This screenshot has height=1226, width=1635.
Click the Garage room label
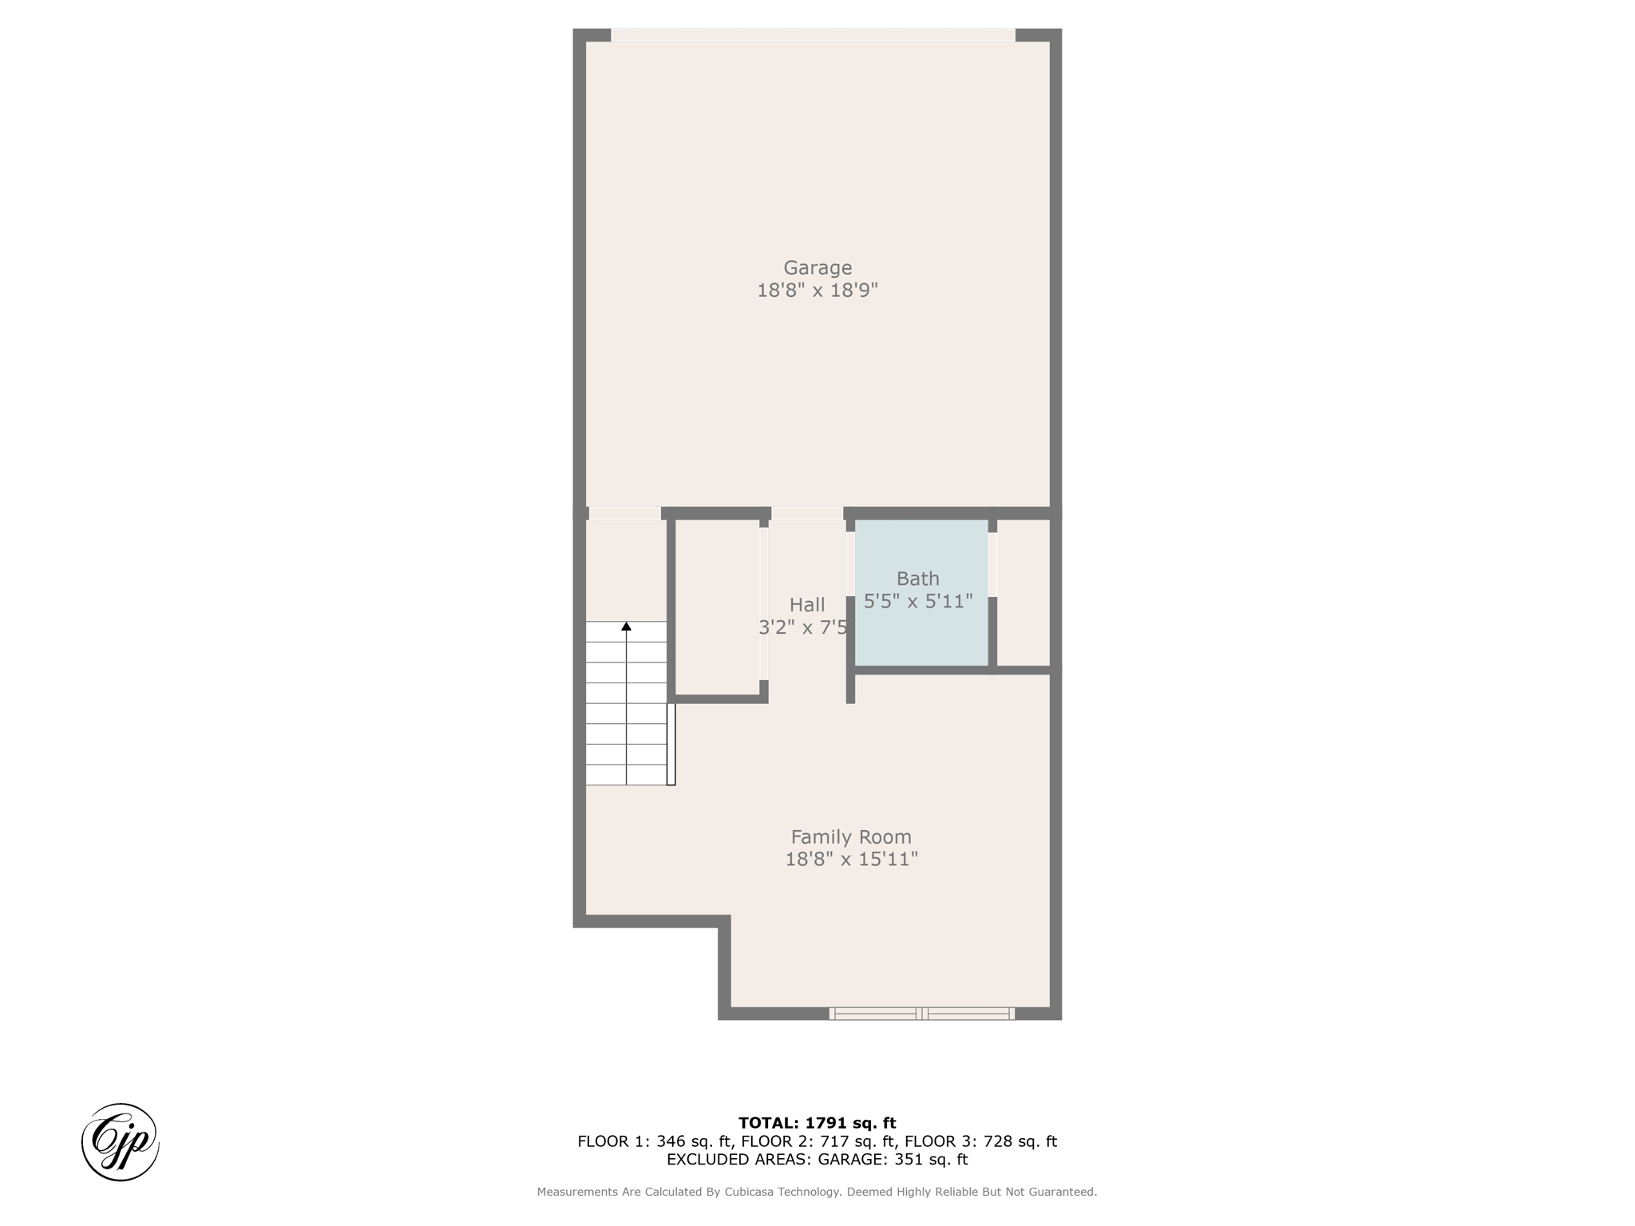[817, 268]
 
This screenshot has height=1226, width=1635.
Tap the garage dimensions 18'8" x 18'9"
[817, 290]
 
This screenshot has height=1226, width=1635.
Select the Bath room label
[918, 579]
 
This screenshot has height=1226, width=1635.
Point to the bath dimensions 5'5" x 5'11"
[918, 601]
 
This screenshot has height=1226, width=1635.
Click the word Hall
[807, 605]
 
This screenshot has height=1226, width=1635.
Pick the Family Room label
[851, 837]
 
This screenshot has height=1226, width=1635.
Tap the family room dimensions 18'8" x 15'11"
[852, 859]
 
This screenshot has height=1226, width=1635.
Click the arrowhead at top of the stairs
[627, 627]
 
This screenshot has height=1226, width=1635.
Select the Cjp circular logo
[121, 1142]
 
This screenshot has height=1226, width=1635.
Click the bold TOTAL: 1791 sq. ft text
[817, 1124]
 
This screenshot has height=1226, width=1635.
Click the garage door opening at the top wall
[813, 35]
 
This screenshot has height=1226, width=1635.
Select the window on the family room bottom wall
[922, 1014]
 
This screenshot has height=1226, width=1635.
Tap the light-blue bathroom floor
[921, 631]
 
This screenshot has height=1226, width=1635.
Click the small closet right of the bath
[1023, 592]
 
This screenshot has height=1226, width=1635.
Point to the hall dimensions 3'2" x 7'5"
[803, 627]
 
